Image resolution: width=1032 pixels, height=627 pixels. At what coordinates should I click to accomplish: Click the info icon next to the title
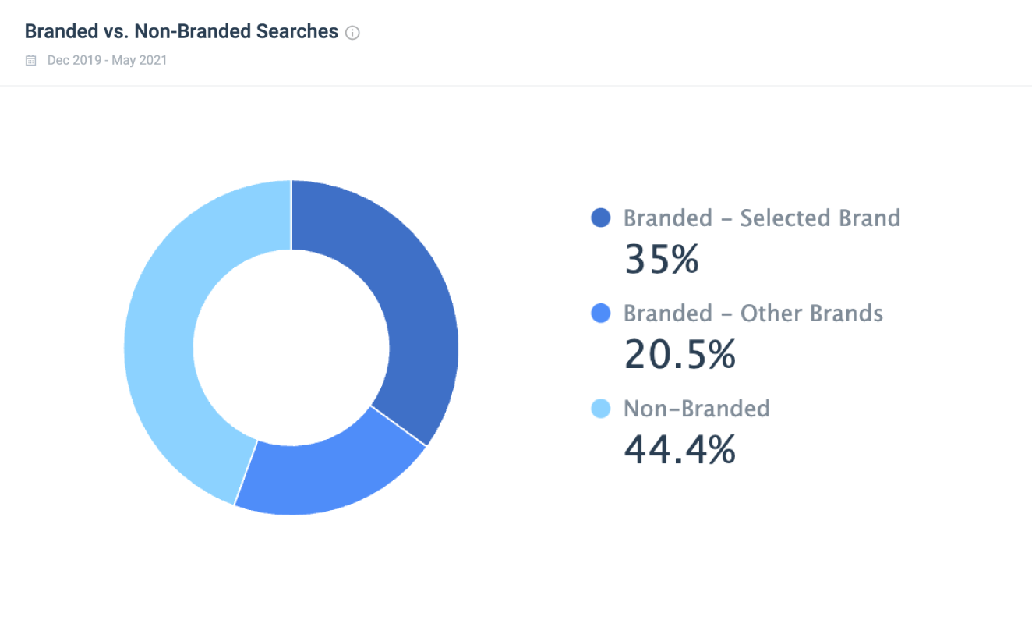coord(352,33)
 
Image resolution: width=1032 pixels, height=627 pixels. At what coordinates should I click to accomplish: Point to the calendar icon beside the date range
coord(31,60)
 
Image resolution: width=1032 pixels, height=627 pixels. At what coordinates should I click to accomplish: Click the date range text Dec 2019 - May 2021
coord(107,60)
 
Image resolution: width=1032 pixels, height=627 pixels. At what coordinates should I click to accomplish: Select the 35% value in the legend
coord(661,259)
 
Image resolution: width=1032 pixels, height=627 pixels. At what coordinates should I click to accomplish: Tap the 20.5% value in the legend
coord(680,355)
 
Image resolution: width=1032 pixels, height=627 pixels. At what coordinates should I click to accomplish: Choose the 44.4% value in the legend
coord(680,450)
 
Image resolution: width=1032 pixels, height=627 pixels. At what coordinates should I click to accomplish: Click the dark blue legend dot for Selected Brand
coord(601,218)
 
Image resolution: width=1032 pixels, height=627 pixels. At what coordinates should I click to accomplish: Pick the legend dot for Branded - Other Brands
coord(601,313)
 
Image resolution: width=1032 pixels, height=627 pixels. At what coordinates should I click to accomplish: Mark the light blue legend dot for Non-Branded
coord(601,409)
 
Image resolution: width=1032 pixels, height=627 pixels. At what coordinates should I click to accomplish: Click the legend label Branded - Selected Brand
coord(762,218)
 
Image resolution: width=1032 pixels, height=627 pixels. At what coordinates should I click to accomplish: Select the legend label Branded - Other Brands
coord(753,313)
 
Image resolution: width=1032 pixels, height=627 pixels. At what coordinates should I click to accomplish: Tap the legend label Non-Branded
coord(696,409)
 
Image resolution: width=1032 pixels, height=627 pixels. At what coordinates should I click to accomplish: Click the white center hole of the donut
coord(292,348)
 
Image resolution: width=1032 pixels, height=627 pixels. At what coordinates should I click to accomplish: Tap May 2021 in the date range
coord(140,60)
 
